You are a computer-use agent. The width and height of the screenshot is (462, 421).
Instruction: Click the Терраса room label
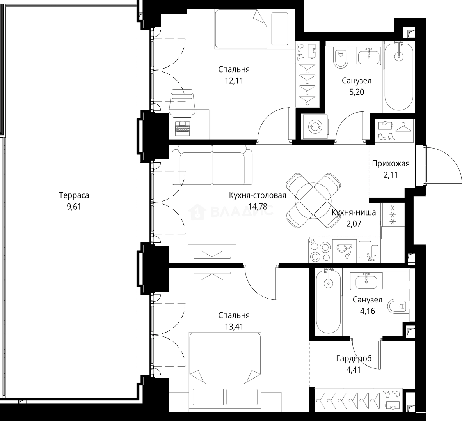click(x=74, y=195)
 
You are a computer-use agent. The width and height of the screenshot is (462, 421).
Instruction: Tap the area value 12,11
click(x=234, y=81)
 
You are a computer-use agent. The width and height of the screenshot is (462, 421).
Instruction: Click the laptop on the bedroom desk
click(x=183, y=129)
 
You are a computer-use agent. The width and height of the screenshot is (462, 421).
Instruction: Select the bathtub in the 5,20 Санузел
click(x=399, y=78)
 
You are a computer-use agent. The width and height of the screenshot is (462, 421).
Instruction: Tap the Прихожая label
click(x=391, y=163)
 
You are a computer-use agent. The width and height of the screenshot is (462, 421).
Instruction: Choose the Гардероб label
click(x=354, y=358)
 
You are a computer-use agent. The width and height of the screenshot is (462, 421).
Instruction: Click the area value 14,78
click(x=258, y=207)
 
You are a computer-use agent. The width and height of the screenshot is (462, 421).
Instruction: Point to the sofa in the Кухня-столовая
click(x=212, y=166)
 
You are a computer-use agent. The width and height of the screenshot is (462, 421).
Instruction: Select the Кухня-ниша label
click(x=354, y=212)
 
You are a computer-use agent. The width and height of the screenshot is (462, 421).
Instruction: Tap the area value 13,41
click(x=234, y=327)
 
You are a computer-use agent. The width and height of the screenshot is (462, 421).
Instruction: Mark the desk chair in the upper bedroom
click(x=182, y=102)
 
